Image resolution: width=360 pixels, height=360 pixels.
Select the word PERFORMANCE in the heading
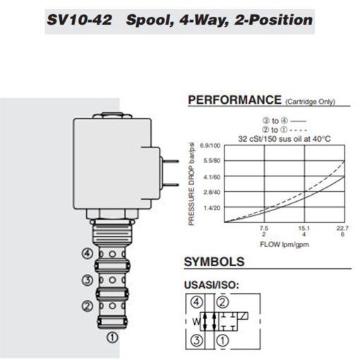click(x=234, y=100)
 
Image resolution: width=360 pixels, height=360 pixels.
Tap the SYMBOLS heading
click(x=214, y=262)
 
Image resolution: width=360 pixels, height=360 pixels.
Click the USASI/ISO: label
click(x=211, y=286)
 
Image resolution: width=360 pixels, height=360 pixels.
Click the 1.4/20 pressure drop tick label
click(x=212, y=208)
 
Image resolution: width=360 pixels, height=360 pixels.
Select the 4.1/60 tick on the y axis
click(x=212, y=176)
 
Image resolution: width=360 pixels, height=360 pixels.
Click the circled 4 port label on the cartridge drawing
click(x=87, y=253)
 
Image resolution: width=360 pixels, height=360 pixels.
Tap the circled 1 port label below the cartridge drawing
click(x=112, y=337)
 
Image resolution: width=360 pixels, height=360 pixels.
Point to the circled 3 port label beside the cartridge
click(x=87, y=280)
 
